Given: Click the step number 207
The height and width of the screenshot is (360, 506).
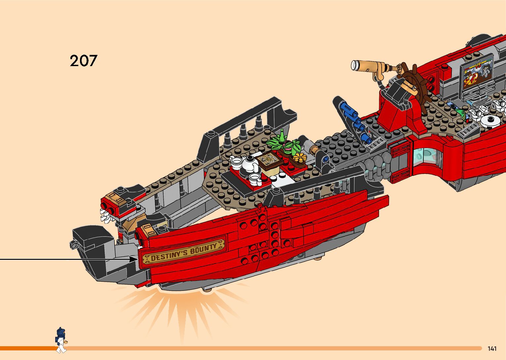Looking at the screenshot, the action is click(x=83, y=60).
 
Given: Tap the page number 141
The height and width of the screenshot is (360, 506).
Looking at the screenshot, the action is click(x=492, y=348).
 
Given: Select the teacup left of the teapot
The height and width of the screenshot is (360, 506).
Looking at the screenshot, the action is click(x=236, y=161).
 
